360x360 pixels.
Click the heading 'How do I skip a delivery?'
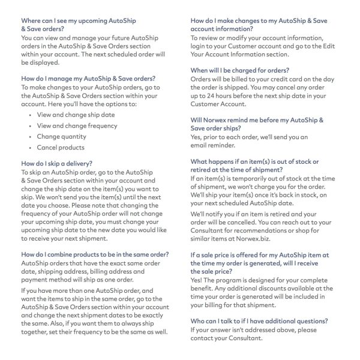tap(57, 163)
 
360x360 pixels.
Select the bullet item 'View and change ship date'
tap(75, 114)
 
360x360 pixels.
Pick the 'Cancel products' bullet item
tap(61, 148)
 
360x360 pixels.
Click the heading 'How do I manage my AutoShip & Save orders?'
tap(88, 78)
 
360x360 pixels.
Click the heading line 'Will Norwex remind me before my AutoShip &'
tap(257, 120)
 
